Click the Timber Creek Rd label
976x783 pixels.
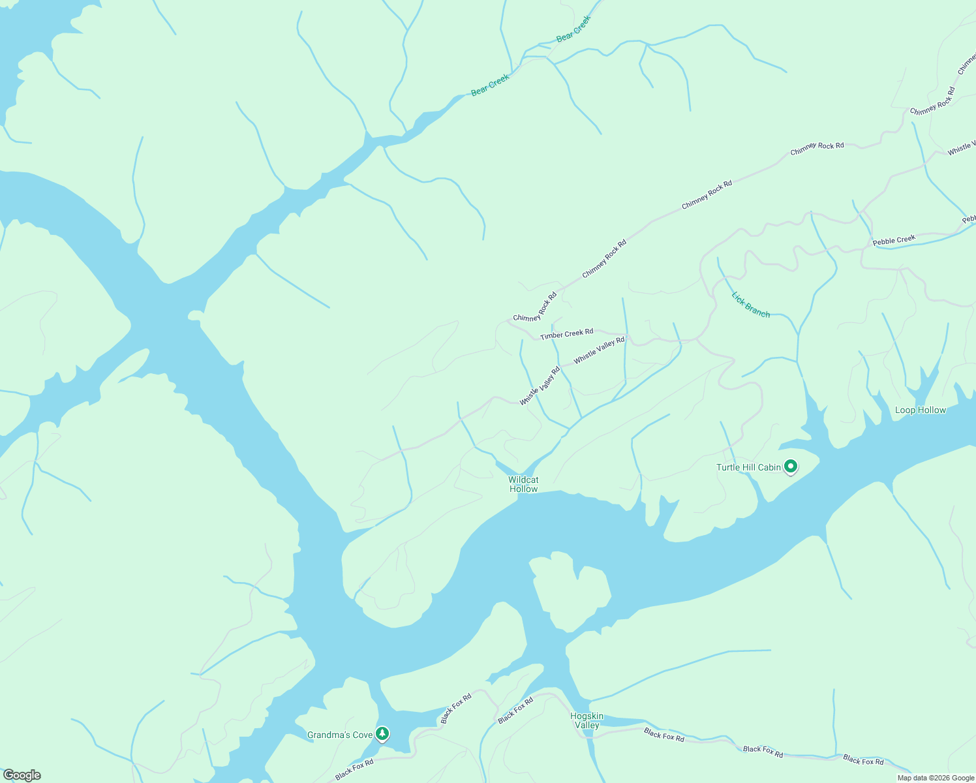[566, 334]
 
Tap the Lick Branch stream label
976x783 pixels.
[750, 305]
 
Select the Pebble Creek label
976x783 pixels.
[894, 240]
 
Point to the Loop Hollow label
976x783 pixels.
[920, 410]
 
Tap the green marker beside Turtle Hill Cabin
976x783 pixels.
[791, 467]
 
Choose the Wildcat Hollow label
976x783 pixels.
[523, 484]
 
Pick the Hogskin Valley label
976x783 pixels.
[587, 720]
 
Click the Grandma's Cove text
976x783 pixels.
[340, 735]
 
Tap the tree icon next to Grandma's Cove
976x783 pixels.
[382, 734]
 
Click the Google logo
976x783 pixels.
[22, 775]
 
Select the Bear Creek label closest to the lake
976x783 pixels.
[490, 85]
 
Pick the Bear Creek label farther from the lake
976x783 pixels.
[573, 29]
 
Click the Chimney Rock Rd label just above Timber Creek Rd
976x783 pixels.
[535, 307]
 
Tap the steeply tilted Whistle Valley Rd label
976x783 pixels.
[540, 386]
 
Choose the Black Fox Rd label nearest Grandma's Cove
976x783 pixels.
[354, 770]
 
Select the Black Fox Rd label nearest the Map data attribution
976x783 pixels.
[862, 760]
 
